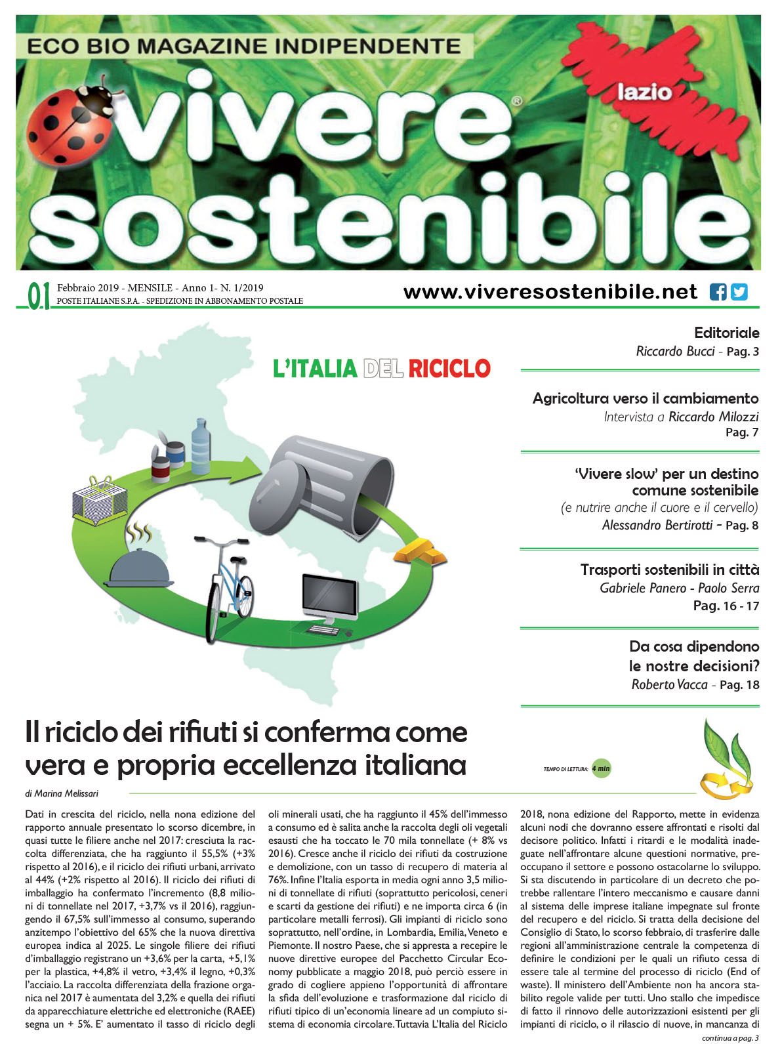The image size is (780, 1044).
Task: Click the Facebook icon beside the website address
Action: (x=718, y=292)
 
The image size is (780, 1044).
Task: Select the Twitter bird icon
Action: (x=739, y=292)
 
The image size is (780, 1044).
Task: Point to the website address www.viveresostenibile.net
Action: (x=550, y=292)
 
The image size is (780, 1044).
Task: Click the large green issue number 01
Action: (x=39, y=296)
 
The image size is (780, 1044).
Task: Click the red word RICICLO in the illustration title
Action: (x=449, y=369)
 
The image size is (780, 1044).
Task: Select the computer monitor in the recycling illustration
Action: (x=329, y=599)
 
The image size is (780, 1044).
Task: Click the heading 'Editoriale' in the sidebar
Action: (x=726, y=333)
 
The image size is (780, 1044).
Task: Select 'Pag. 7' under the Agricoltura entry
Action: (x=742, y=432)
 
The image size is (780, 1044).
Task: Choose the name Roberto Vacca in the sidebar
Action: (x=669, y=684)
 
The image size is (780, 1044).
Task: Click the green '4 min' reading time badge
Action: (x=601, y=768)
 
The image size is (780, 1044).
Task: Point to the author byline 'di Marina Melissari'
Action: (x=62, y=793)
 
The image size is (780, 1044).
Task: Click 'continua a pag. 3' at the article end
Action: (x=729, y=1037)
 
